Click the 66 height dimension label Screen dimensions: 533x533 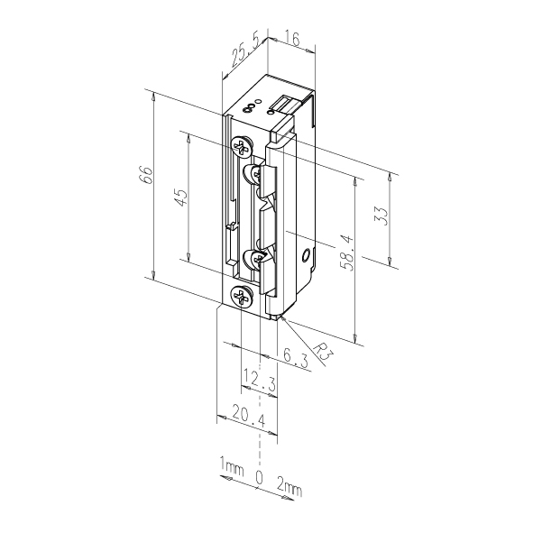[146, 175]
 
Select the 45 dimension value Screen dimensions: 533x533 [180, 198]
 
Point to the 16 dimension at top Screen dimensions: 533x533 [291, 40]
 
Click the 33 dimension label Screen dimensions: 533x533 [381, 216]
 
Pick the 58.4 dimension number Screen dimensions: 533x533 [346, 253]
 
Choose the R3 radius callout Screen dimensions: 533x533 [323, 351]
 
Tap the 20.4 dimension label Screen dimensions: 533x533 [249, 415]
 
